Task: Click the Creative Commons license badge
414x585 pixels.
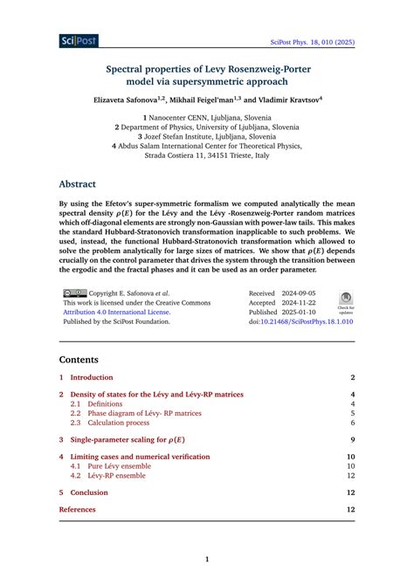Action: (73, 293)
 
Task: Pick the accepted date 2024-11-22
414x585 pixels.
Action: (300, 302)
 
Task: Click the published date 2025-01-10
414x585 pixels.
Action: (300, 312)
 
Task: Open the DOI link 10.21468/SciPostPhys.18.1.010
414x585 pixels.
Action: (305, 321)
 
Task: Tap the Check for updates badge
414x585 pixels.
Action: (345, 300)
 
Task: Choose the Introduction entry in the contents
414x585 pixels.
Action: (92, 377)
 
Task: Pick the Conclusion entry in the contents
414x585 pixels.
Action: (89, 492)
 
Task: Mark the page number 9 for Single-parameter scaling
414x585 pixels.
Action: (351, 440)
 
